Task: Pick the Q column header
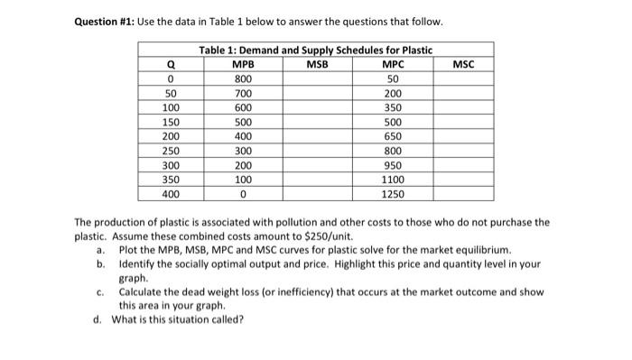click(x=170, y=64)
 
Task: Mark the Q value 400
click(x=170, y=194)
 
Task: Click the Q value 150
click(x=170, y=121)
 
